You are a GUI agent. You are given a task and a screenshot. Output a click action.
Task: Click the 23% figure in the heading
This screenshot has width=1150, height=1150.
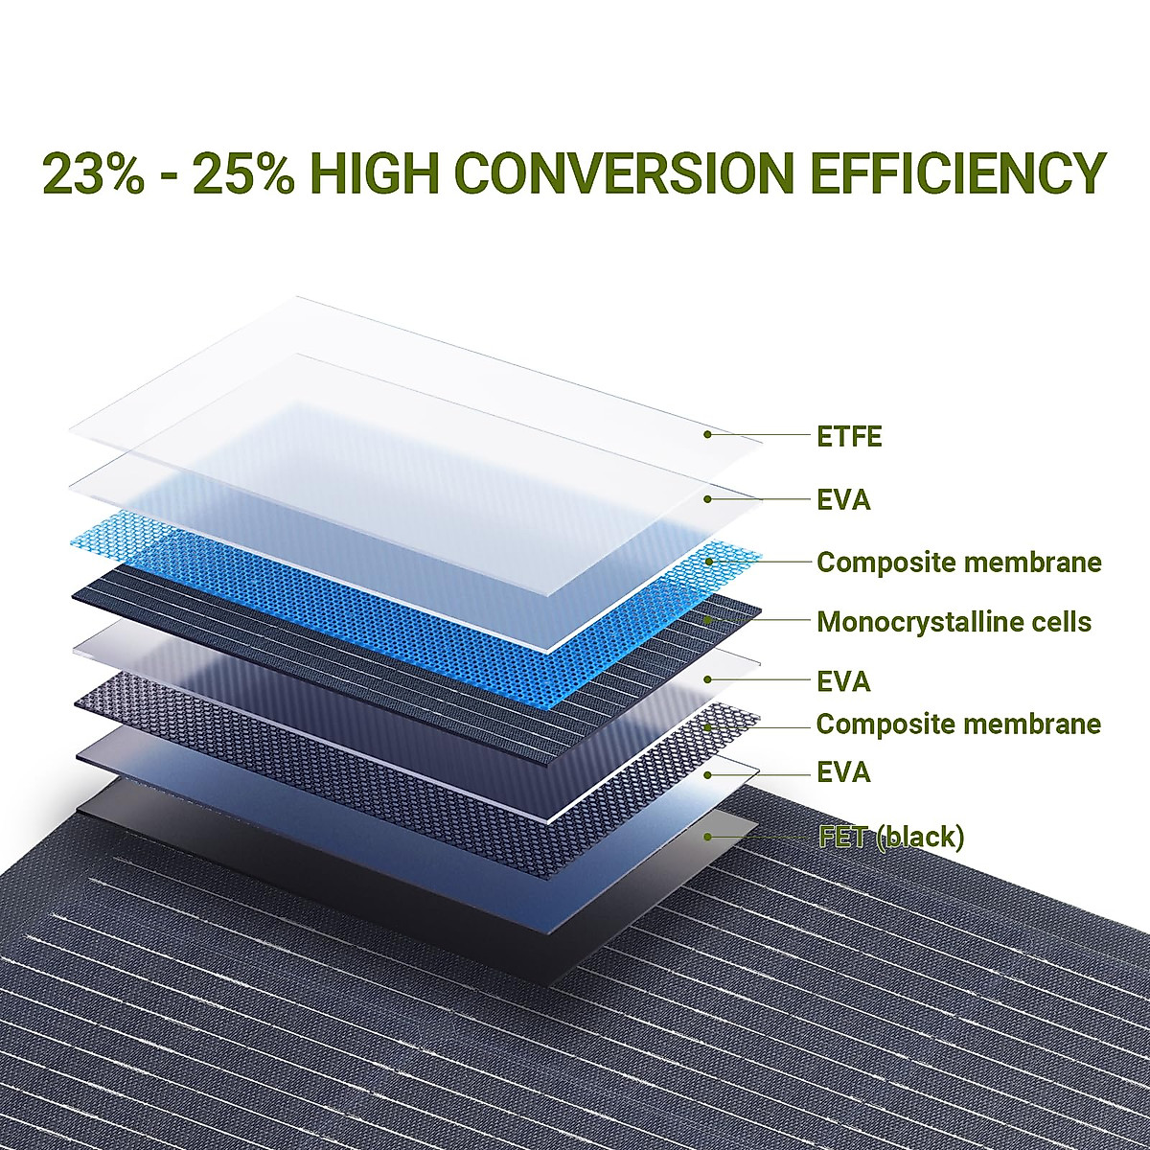coord(94,173)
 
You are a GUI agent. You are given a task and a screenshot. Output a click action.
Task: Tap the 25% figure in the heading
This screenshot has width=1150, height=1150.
coord(244,173)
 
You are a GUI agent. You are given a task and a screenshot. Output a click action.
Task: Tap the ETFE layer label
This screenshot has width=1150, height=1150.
coord(849,437)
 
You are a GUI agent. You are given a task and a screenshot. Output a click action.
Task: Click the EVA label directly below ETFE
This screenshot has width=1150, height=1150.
coord(843,500)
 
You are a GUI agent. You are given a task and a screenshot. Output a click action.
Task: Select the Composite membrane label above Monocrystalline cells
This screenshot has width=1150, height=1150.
coord(959,563)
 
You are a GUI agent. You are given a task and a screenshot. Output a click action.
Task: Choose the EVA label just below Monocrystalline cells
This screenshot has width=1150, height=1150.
coord(843,682)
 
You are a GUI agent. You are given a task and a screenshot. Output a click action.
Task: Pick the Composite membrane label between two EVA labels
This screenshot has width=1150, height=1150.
coord(958,724)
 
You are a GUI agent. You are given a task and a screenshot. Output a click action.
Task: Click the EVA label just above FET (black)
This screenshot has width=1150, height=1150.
coord(843,774)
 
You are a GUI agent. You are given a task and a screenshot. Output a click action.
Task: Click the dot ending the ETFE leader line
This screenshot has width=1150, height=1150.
coord(707,434)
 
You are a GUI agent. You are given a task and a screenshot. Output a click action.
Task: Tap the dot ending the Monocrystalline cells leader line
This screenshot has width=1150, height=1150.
coord(707,620)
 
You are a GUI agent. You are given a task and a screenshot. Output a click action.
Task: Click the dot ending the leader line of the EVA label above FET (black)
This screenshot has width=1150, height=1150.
coord(707,774)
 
